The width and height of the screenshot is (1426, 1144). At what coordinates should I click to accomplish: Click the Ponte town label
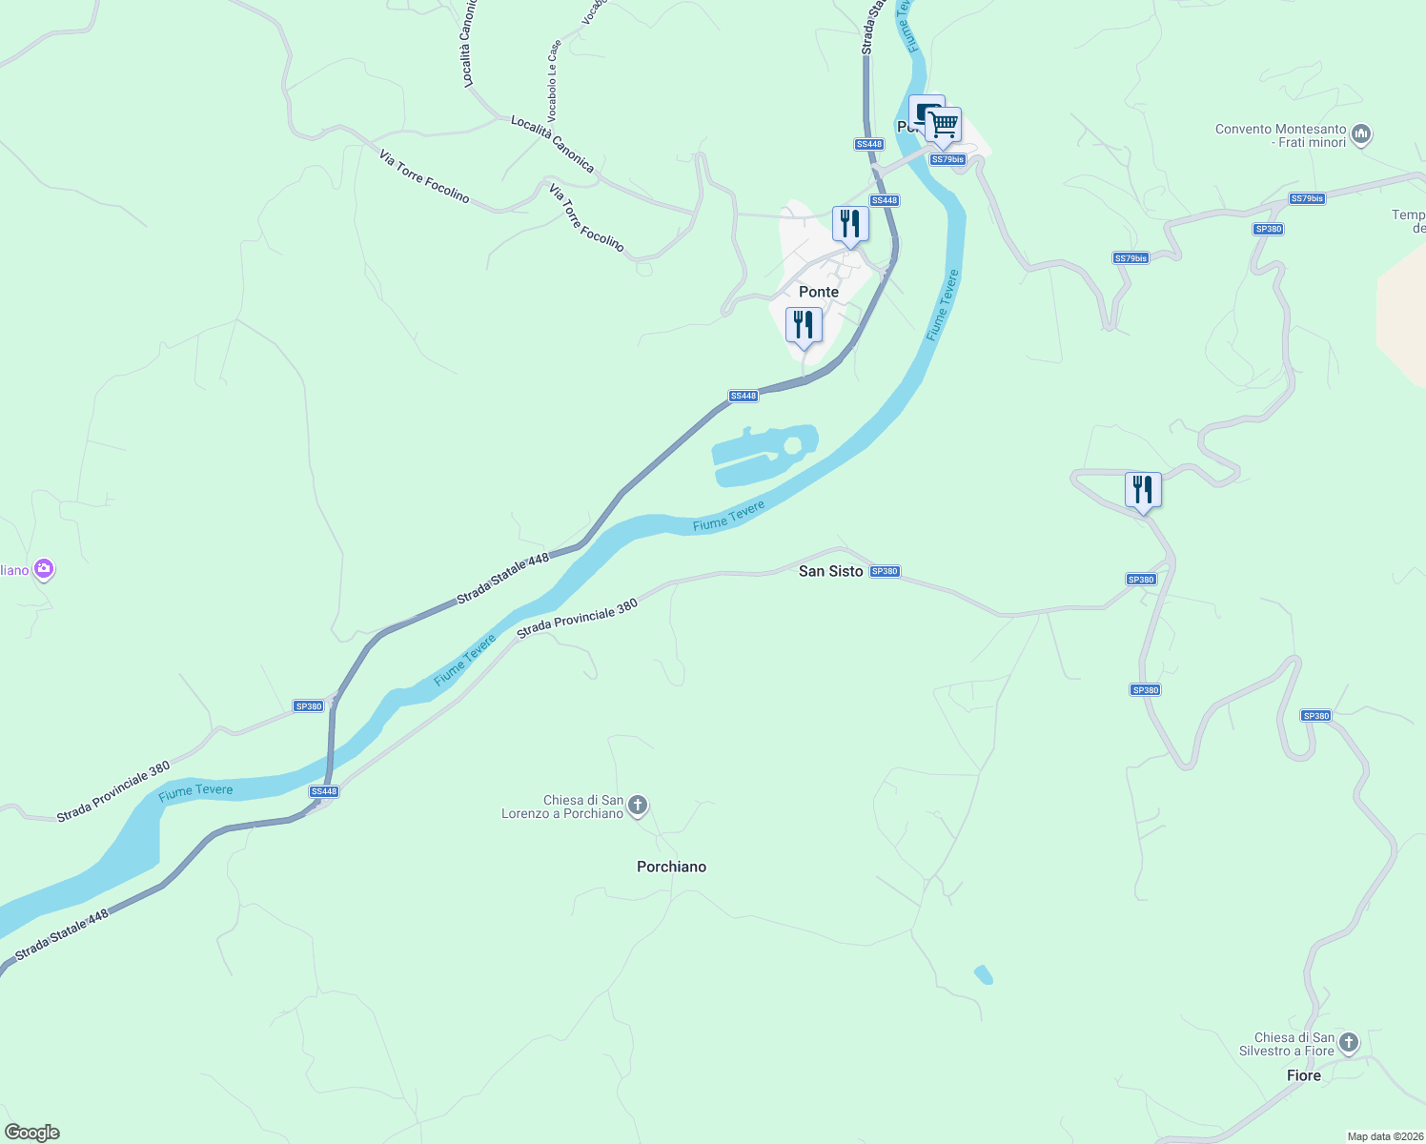[x=818, y=292]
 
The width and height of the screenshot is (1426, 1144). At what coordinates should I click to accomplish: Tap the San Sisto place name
[x=830, y=571]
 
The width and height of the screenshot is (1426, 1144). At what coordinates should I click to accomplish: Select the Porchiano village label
[x=671, y=867]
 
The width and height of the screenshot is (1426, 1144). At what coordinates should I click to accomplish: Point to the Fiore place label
[x=1303, y=1075]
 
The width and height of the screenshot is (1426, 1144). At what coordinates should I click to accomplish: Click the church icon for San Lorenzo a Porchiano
[x=638, y=807]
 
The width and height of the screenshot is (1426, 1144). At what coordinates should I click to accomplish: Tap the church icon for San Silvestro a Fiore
[x=1348, y=1043]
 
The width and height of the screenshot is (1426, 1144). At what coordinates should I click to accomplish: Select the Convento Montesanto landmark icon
[x=1361, y=135]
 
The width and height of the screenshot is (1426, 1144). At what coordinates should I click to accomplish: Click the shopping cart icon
[x=943, y=124]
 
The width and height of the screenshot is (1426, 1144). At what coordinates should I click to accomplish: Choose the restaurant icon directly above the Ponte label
[x=849, y=224]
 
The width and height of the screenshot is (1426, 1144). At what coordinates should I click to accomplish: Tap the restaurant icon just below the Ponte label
[x=804, y=325]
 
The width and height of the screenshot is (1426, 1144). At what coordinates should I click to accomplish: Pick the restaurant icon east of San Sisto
[x=1142, y=490]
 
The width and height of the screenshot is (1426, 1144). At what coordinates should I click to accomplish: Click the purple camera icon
[x=43, y=570]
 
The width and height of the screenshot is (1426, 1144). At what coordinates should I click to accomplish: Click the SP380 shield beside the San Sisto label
[x=885, y=571]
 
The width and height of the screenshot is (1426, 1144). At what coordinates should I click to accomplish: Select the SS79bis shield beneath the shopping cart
[x=947, y=159]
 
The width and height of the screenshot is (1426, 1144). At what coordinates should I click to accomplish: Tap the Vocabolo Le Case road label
[x=554, y=81]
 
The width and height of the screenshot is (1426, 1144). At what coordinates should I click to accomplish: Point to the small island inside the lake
[x=792, y=445]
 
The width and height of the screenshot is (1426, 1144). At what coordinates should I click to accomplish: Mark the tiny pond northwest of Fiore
[x=983, y=974]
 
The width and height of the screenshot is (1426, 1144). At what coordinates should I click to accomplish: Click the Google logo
[x=32, y=1133]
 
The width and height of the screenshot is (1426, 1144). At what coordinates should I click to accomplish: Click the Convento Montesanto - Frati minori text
[x=1280, y=135]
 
